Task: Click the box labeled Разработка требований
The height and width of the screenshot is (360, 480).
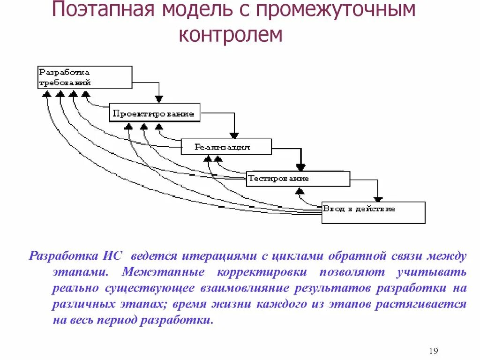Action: [84, 77]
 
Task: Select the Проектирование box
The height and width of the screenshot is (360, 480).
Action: [155, 114]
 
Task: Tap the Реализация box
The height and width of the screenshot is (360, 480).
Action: [226, 147]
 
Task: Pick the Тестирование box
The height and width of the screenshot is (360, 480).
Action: [298, 179]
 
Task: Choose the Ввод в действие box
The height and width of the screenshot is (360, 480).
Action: [373, 212]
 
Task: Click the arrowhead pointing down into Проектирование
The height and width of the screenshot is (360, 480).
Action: [159, 99]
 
